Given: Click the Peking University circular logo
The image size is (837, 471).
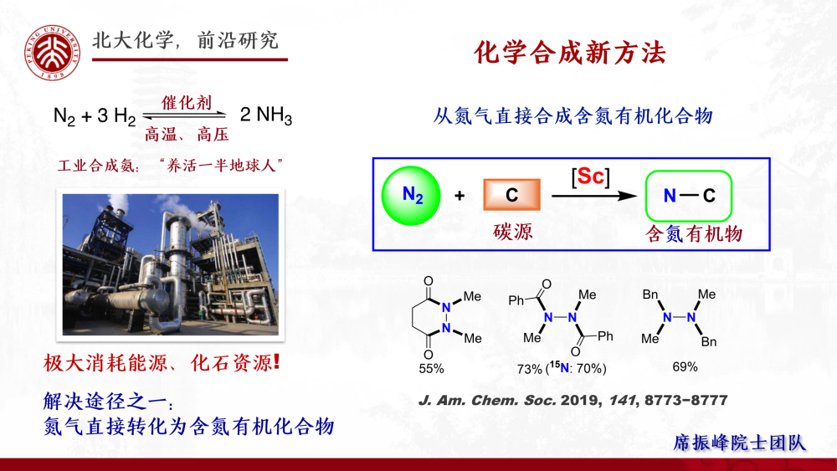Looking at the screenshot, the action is tap(52, 53).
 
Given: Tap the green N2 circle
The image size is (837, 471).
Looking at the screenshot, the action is tap(411, 196).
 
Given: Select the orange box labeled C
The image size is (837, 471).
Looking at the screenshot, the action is tap(511, 195).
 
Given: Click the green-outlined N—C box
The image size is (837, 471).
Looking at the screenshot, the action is tap(689, 196).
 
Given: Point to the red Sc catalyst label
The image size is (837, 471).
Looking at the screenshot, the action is tap(590, 177).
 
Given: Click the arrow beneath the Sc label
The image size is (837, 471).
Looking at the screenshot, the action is tap(594, 196).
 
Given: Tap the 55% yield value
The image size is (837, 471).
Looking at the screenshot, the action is tap(431, 369).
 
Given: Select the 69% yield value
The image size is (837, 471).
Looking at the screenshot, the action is tap(685, 367).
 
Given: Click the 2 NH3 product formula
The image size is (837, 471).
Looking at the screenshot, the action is tap(266, 115).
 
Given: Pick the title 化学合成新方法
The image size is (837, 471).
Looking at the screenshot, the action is tap(570, 53).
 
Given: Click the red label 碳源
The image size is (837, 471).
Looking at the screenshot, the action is tap(512, 232).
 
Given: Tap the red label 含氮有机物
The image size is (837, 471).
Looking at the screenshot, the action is tap(694, 233).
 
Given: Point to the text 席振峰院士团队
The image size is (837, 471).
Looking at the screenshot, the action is tap(740, 443).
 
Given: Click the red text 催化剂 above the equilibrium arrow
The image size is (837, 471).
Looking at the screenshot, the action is tap(187, 102).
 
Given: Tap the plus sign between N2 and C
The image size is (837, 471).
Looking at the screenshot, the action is tap(459, 196).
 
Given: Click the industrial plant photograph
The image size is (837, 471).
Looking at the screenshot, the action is tap(170, 264).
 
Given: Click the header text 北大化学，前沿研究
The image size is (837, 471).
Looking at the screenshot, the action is tap(186, 40).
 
